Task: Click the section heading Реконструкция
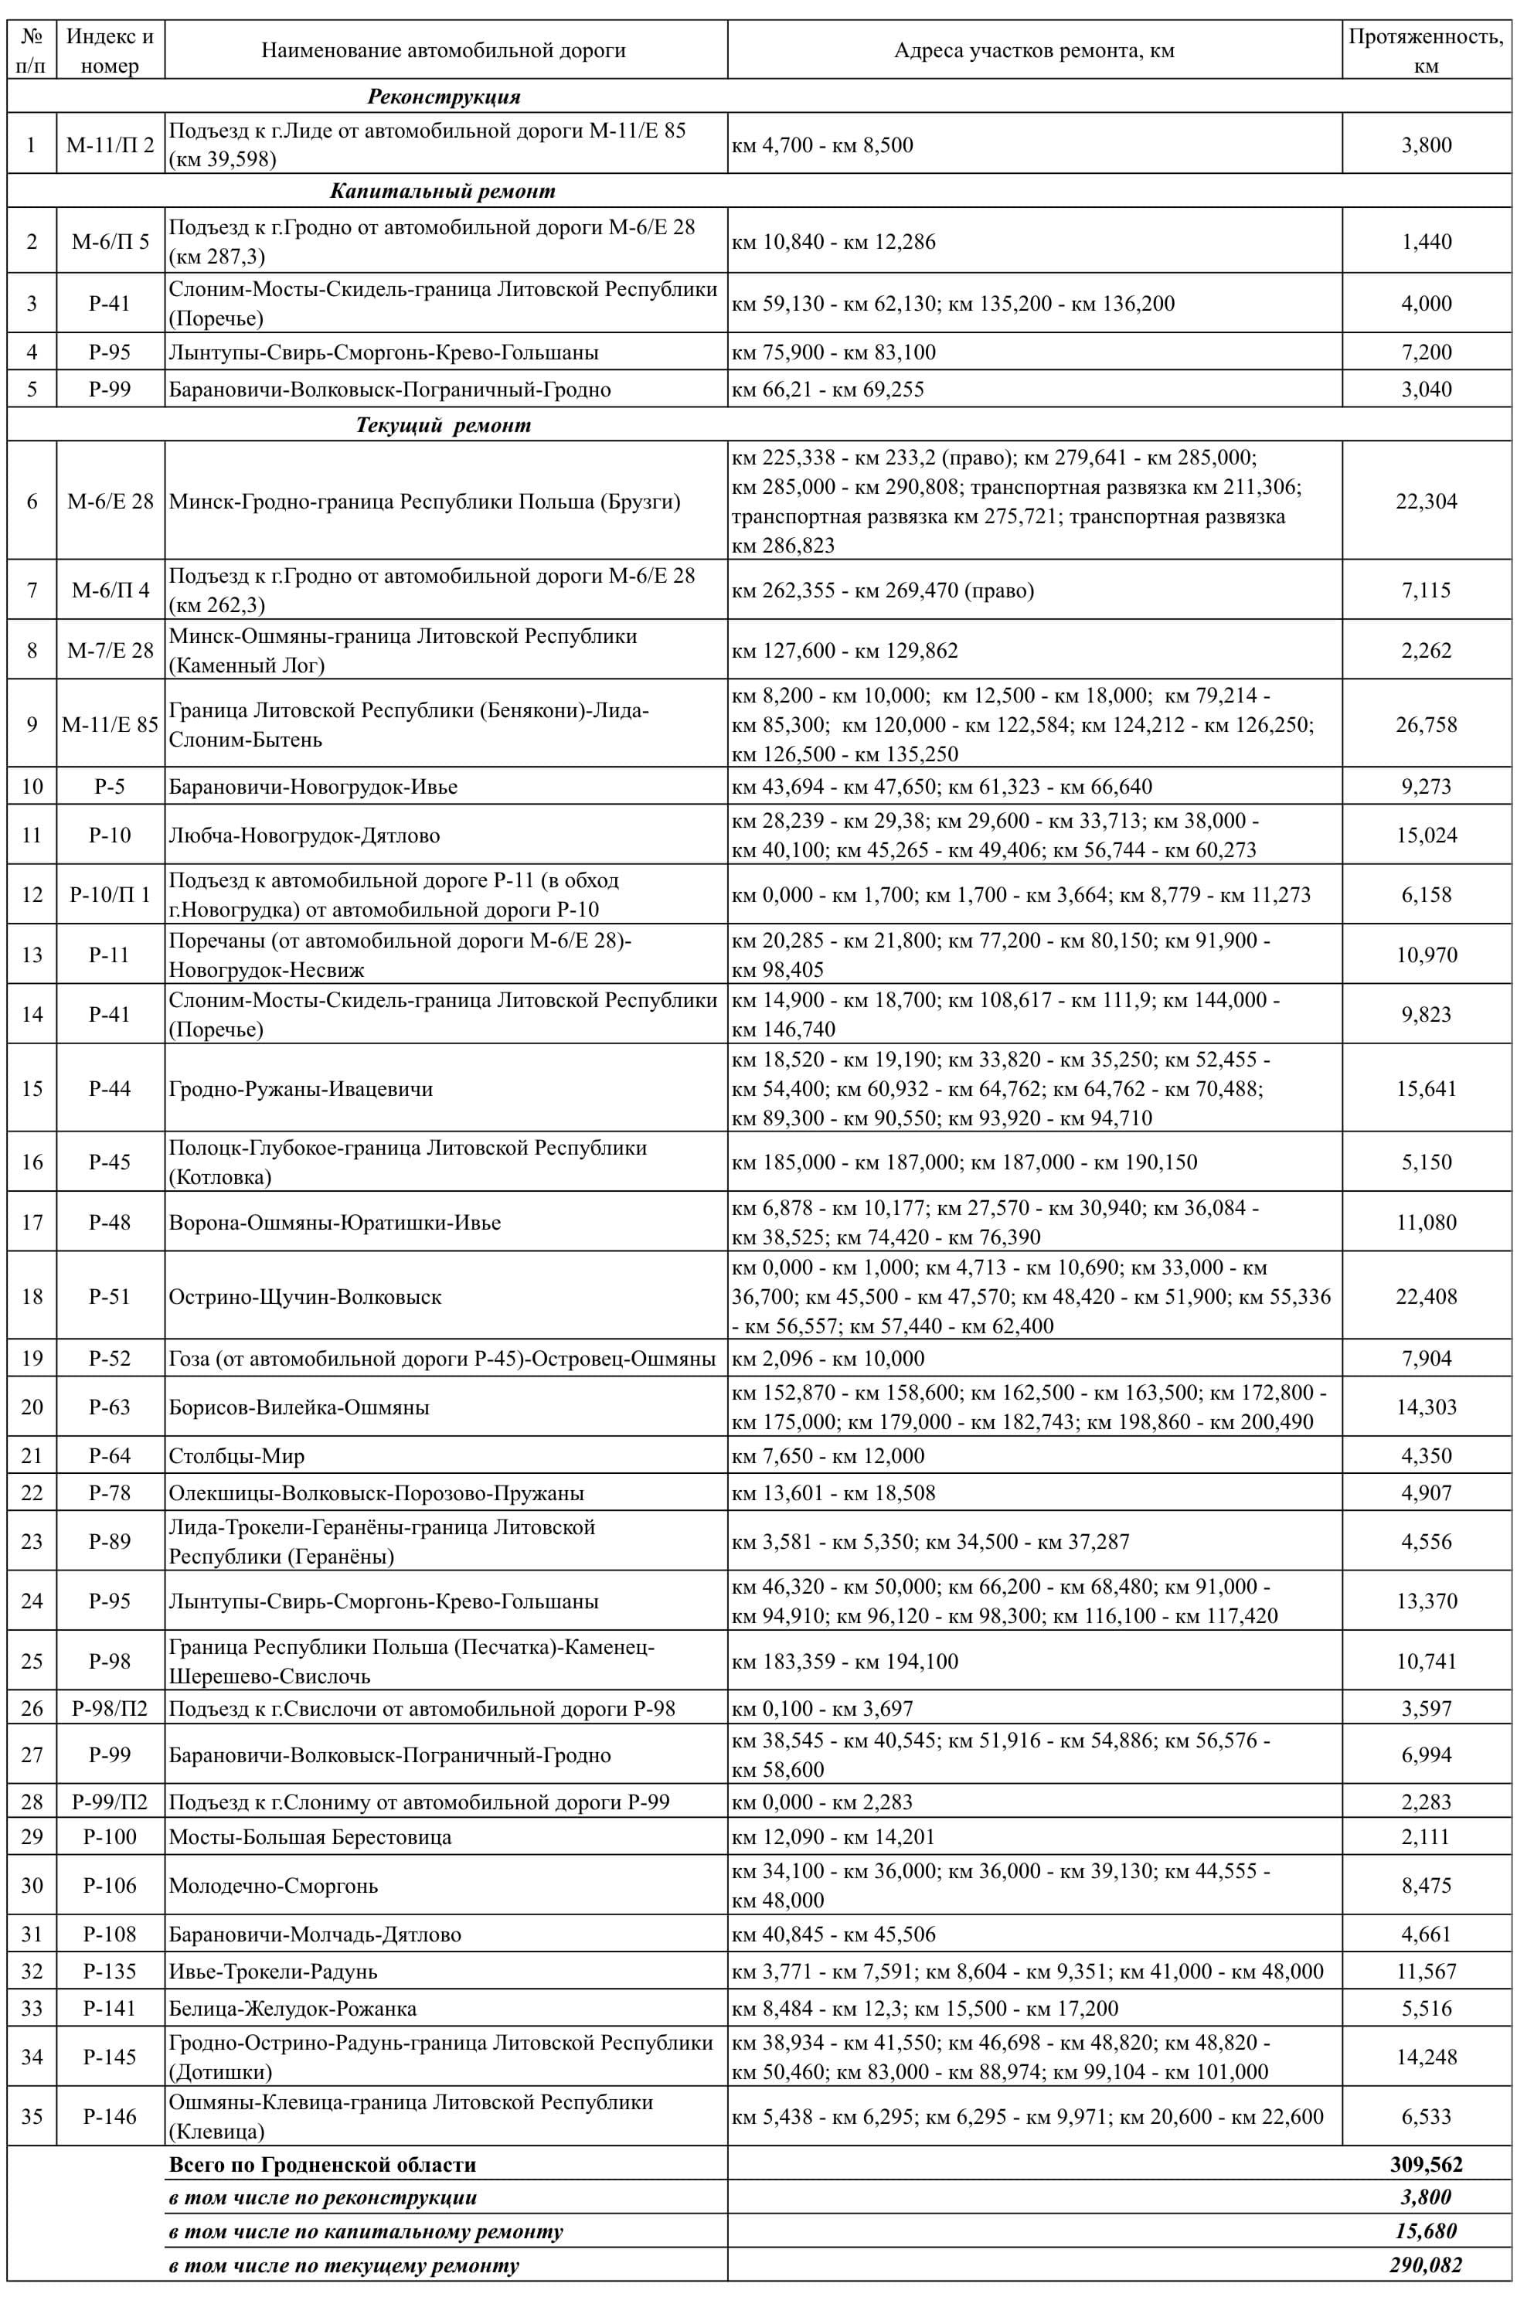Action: pos(443,96)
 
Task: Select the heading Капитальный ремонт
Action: pos(442,190)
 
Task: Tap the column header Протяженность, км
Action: pos(1425,51)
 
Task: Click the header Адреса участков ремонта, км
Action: pos(1033,51)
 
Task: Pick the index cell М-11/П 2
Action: pos(110,145)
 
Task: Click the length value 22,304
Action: pos(1425,501)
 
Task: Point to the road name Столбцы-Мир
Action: pos(236,1455)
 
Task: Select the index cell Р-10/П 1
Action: pos(110,894)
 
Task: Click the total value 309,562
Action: pos(1425,2165)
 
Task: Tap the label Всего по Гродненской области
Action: pos(323,2165)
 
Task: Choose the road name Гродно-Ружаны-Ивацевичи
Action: pos(301,1089)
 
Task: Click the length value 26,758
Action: pos(1425,725)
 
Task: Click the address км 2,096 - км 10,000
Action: pos(828,1358)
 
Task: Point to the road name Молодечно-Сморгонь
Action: pos(273,1885)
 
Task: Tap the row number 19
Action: pos(32,1358)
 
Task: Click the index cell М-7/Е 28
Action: pos(110,651)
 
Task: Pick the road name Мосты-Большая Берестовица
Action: pos(310,1836)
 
